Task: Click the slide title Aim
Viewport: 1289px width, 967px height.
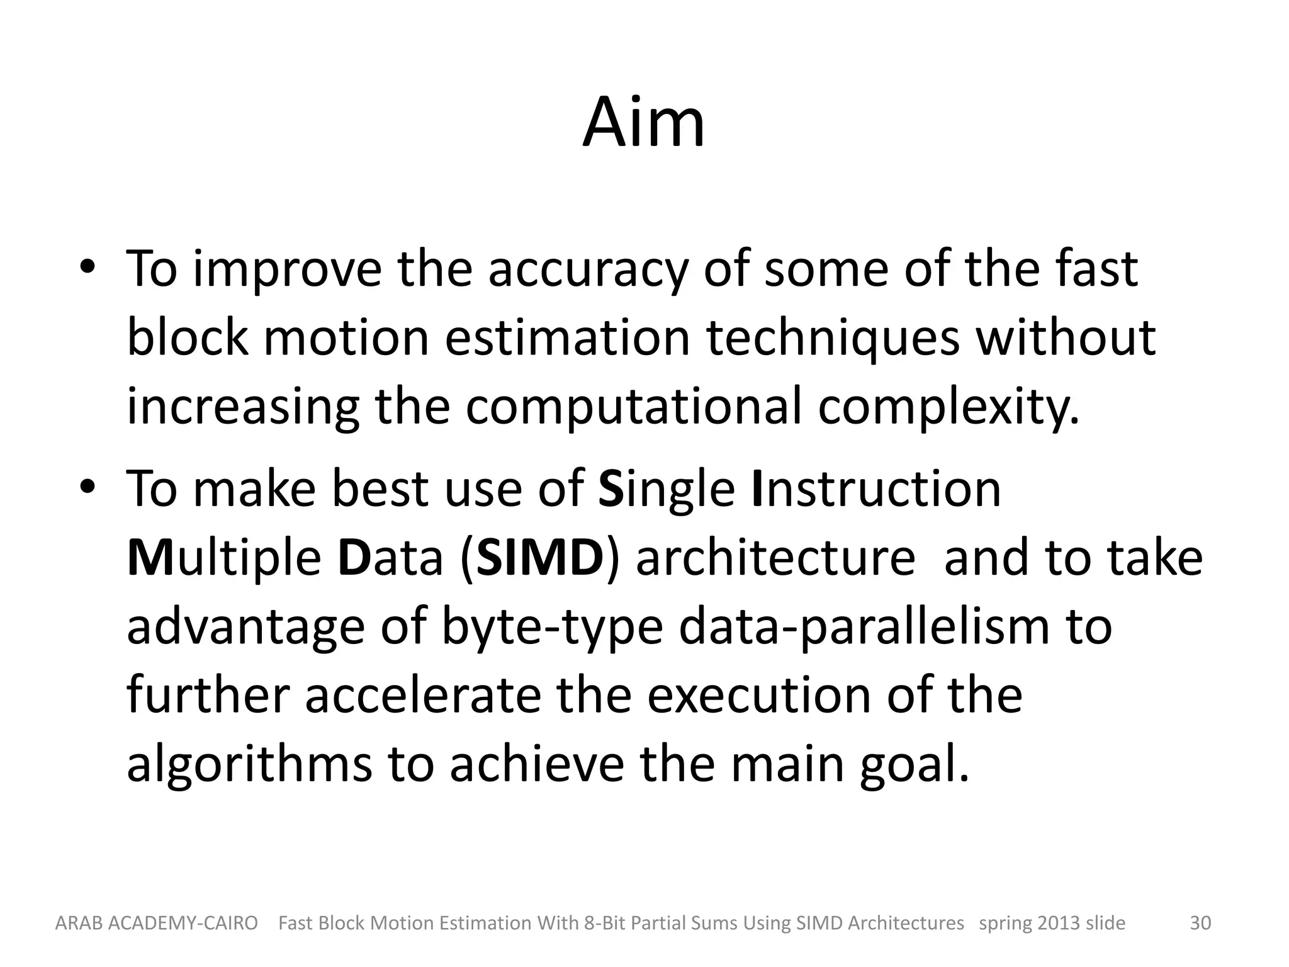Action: (x=643, y=123)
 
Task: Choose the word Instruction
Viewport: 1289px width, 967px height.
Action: (x=876, y=489)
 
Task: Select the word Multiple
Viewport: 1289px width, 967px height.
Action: (x=224, y=559)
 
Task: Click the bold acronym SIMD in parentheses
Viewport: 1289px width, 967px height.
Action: (x=540, y=558)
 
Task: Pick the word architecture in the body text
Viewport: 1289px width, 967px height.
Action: (x=775, y=558)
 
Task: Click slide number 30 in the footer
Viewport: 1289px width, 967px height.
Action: (x=1200, y=923)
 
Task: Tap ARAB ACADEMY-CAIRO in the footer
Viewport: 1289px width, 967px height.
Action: (x=157, y=923)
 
